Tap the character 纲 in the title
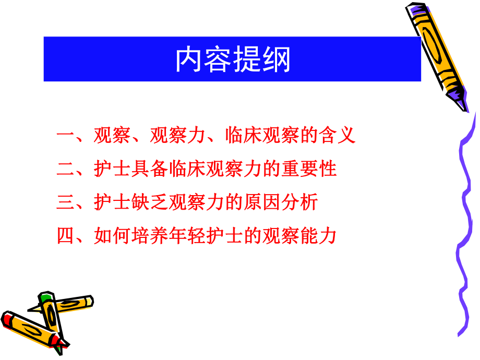pos(277,59)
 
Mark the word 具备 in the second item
pos(150,169)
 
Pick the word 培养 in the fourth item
pos(150,236)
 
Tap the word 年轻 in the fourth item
pos(187,236)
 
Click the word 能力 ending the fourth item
pos(318,236)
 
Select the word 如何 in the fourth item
pos(112,236)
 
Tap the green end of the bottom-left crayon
pos(46,298)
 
